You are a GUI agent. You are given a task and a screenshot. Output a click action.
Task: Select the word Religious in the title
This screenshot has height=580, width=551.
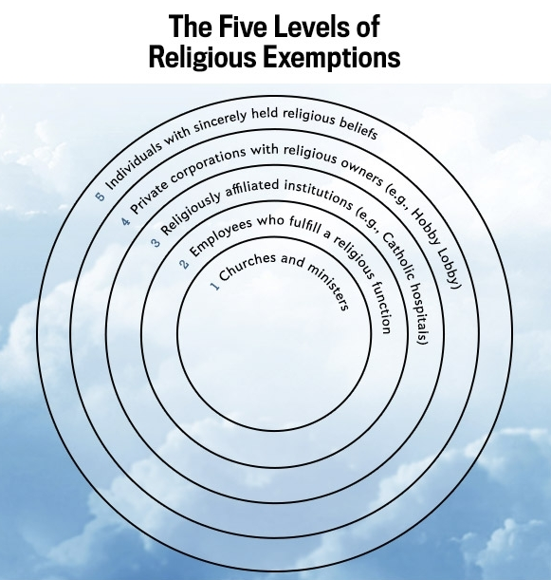point(202,57)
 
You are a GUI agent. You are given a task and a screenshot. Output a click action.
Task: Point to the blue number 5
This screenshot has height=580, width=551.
point(100,196)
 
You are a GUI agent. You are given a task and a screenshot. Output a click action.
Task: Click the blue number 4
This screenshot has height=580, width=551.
point(126,221)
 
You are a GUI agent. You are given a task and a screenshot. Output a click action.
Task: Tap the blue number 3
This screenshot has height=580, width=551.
point(156,243)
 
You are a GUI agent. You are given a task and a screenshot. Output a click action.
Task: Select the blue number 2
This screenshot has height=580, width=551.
point(184,264)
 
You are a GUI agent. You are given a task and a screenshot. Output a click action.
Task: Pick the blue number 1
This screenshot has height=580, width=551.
point(215,286)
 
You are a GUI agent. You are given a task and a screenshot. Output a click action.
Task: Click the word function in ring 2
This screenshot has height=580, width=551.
point(381,308)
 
